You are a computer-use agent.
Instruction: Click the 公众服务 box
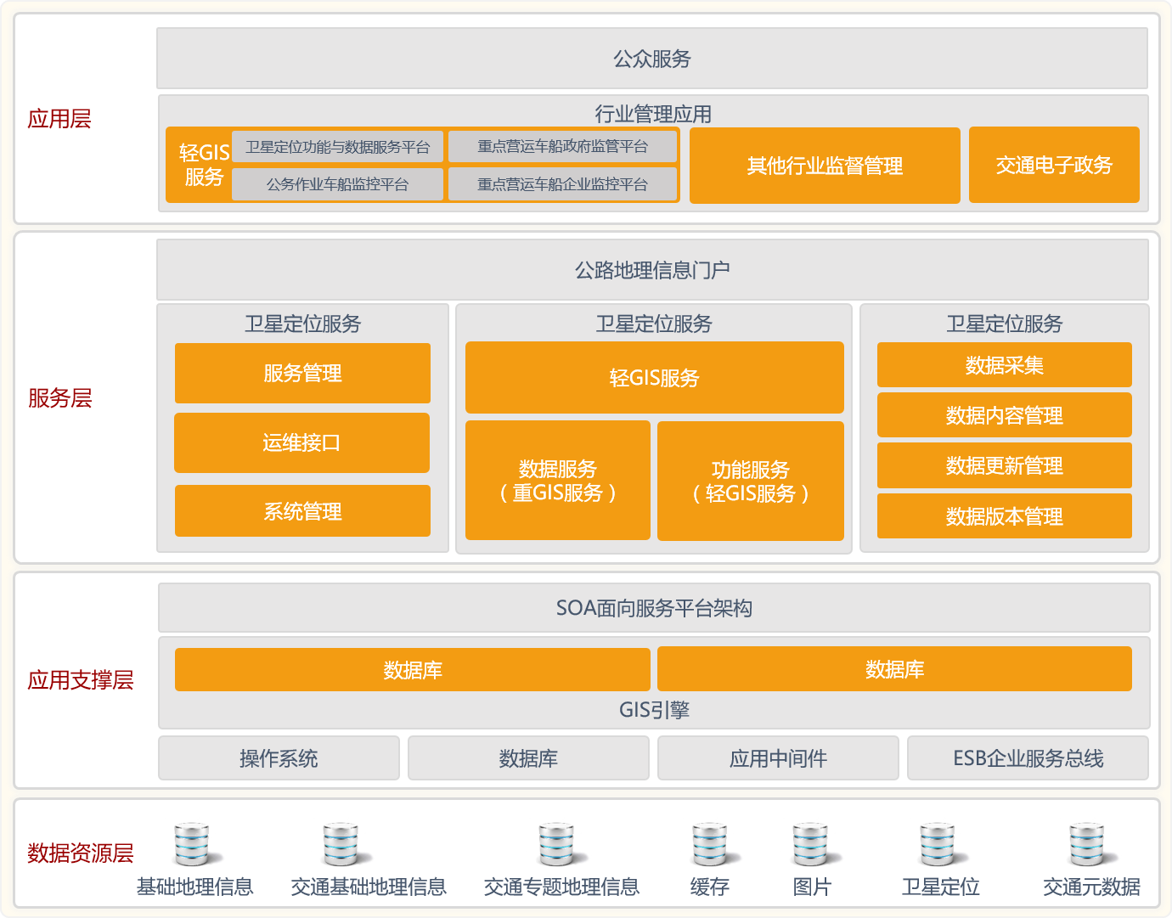[x=651, y=59]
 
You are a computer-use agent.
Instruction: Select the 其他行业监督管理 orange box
[x=825, y=166]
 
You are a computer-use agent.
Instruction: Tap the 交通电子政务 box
[x=1054, y=165]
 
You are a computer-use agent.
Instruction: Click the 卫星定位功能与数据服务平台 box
[x=338, y=147]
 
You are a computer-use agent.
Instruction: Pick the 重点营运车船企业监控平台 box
[x=562, y=184]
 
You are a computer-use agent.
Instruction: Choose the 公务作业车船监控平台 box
[x=338, y=184]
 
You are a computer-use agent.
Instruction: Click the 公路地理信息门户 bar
[x=652, y=269]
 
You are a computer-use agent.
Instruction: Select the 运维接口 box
[x=302, y=442]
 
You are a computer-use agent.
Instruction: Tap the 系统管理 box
[x=302, y=511]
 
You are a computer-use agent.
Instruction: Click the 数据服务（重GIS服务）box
[x=558, y=481]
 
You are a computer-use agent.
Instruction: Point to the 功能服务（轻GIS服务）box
[x=751, y=481]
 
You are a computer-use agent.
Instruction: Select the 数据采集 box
[x=1004, y=365]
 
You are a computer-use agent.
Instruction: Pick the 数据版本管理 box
[x=1004, y=515]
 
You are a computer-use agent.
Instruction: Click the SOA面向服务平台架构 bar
[x=654, y=607]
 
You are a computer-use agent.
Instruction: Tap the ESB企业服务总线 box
[x=1028, y=757]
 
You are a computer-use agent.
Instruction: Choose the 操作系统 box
[x=279, y=757]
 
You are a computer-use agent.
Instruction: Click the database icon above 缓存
[x=710, y=844]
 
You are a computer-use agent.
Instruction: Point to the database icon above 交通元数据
[x=1087, y=844]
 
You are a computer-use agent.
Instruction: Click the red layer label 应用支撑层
[x=81, y=679]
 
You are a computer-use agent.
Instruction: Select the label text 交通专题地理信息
[x=561, y=887]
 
